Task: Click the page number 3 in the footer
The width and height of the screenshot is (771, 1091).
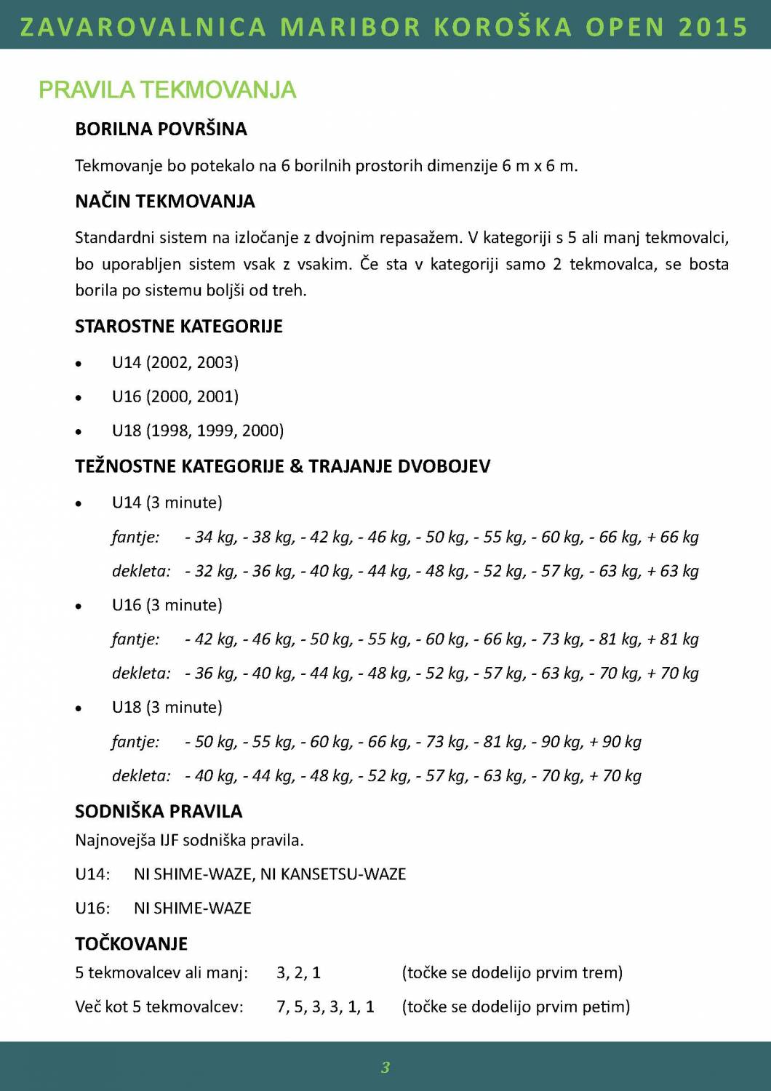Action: pos(385,1067)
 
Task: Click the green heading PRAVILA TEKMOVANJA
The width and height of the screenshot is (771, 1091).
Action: pos(167,90)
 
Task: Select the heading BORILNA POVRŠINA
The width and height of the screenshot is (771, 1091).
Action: pos(161,129)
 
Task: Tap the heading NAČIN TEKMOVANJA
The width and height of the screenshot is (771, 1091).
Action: pos(165,201)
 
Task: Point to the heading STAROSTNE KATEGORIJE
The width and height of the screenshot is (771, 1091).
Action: pos(178,327)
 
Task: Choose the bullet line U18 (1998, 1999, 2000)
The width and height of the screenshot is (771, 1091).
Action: pos(197,431)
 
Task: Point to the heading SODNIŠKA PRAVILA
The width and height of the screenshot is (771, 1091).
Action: pos(159,812)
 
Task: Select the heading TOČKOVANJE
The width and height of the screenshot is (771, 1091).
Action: pos(131,944)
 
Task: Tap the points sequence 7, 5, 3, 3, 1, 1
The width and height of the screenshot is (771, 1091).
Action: pos(325,1007)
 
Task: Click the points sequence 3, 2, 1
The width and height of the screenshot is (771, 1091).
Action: pos(298,973)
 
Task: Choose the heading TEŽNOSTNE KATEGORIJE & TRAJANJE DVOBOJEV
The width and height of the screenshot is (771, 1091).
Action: pos(282,466)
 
